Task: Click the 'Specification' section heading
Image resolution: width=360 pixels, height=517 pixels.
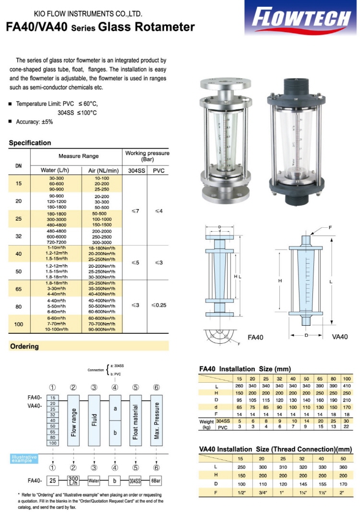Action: pyautogui.click(x=30, y=143)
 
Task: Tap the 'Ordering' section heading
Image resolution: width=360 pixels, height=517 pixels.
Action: pyautogui.click(x=24, y=346)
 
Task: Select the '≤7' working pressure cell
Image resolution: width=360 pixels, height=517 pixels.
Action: pyautogui.click(x=135, y=211)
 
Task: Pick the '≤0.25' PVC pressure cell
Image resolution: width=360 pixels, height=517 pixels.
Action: pyautogui.click(x=158, y=305)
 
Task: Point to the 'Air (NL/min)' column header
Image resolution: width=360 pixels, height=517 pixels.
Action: pyautogui.click(x=101, y=170)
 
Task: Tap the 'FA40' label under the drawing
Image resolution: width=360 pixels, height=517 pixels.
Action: pyautogui.click(x=255, y=337)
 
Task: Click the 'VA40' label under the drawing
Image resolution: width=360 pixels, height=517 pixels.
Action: pyautogui.click(x=340, y=337)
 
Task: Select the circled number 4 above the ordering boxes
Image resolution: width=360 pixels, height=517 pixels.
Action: pyautogui.click(x=115, y=388)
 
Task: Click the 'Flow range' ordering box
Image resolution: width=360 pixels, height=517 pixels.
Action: pyautogui.click(x=73, y=420)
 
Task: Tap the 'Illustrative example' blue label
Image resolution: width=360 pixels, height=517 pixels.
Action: pyautogui.click(x=24, y=458)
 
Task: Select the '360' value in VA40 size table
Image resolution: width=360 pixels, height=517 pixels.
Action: pyautogui.click(x=343, y=467)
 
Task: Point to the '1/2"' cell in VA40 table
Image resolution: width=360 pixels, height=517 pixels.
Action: pyautogui.click(x=241, y=492)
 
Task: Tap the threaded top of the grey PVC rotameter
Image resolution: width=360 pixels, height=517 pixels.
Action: pyautogui.click(x=292, y=87)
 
